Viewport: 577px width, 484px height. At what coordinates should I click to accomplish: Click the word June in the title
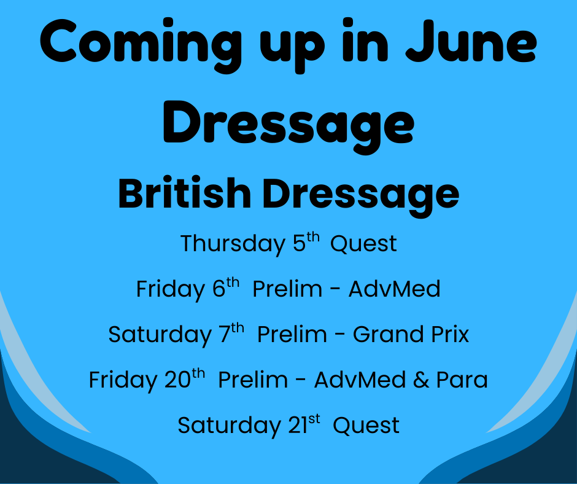(x=471, y=41)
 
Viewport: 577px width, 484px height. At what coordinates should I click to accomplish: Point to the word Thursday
(x=233, y=244)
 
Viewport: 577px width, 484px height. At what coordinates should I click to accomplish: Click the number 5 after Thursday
(x=300, y=243)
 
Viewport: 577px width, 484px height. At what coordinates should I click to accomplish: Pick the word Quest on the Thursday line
(x=363, y=244)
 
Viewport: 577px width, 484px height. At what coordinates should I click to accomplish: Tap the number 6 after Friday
(x=219, y=289)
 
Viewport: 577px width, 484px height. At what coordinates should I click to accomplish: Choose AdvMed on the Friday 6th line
(x=394, y=289)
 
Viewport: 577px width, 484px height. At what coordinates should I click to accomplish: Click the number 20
(x=177, y=380)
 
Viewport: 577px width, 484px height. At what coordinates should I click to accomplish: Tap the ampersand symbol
(x=421, y=380)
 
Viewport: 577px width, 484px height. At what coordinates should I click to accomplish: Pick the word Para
(x=462, y=380)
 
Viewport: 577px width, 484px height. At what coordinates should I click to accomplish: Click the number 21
(x=298, y=426)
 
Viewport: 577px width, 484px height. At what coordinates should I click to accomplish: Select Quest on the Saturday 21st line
(x=366, y=426)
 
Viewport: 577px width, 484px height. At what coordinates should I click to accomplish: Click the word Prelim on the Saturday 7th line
(x=292, y=334)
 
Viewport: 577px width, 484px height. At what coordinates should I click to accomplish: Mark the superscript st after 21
(x=314, y=419)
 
